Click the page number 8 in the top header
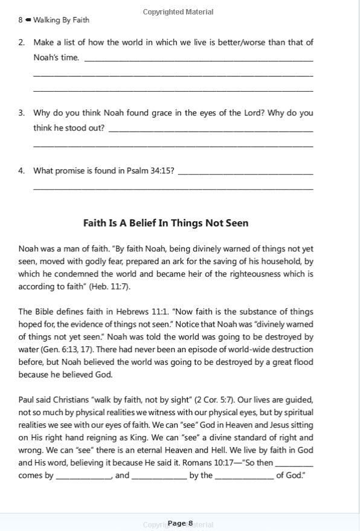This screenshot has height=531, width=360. [x=21, y=20]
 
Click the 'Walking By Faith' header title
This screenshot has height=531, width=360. [x=61, y=20]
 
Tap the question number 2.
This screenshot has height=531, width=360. [x=22, y=42]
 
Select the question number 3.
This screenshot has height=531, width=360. [x=22, y=113]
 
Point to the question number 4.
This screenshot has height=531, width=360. [x=22, y=170]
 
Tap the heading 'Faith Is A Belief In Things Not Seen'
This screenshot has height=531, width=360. [x=166, y=223]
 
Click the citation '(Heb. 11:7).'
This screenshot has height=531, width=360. [x=109, y=286]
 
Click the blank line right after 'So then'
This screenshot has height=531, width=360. [x=294, y=464]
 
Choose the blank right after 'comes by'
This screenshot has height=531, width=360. [x=83, y=477]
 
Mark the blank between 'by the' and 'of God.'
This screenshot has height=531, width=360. [x=244, y=477]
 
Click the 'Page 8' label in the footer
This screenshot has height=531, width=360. [x=180, y=523]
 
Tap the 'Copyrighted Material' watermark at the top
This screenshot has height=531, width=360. [x=178, y=11]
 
